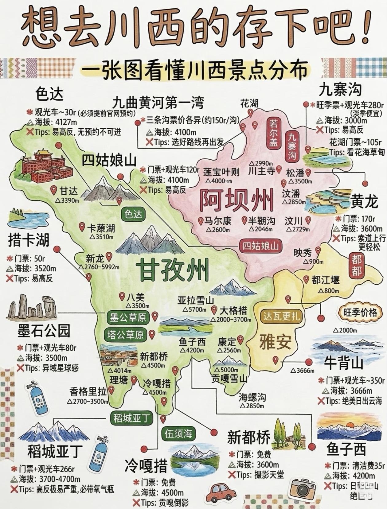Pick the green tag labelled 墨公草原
[x=128, y=317]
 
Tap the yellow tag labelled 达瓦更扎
[x=281, y=316]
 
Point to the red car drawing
[x=220, y=492]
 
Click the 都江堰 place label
[x=325, y=280]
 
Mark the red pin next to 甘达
[x=54, y=191]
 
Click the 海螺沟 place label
[x=252, y=398]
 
